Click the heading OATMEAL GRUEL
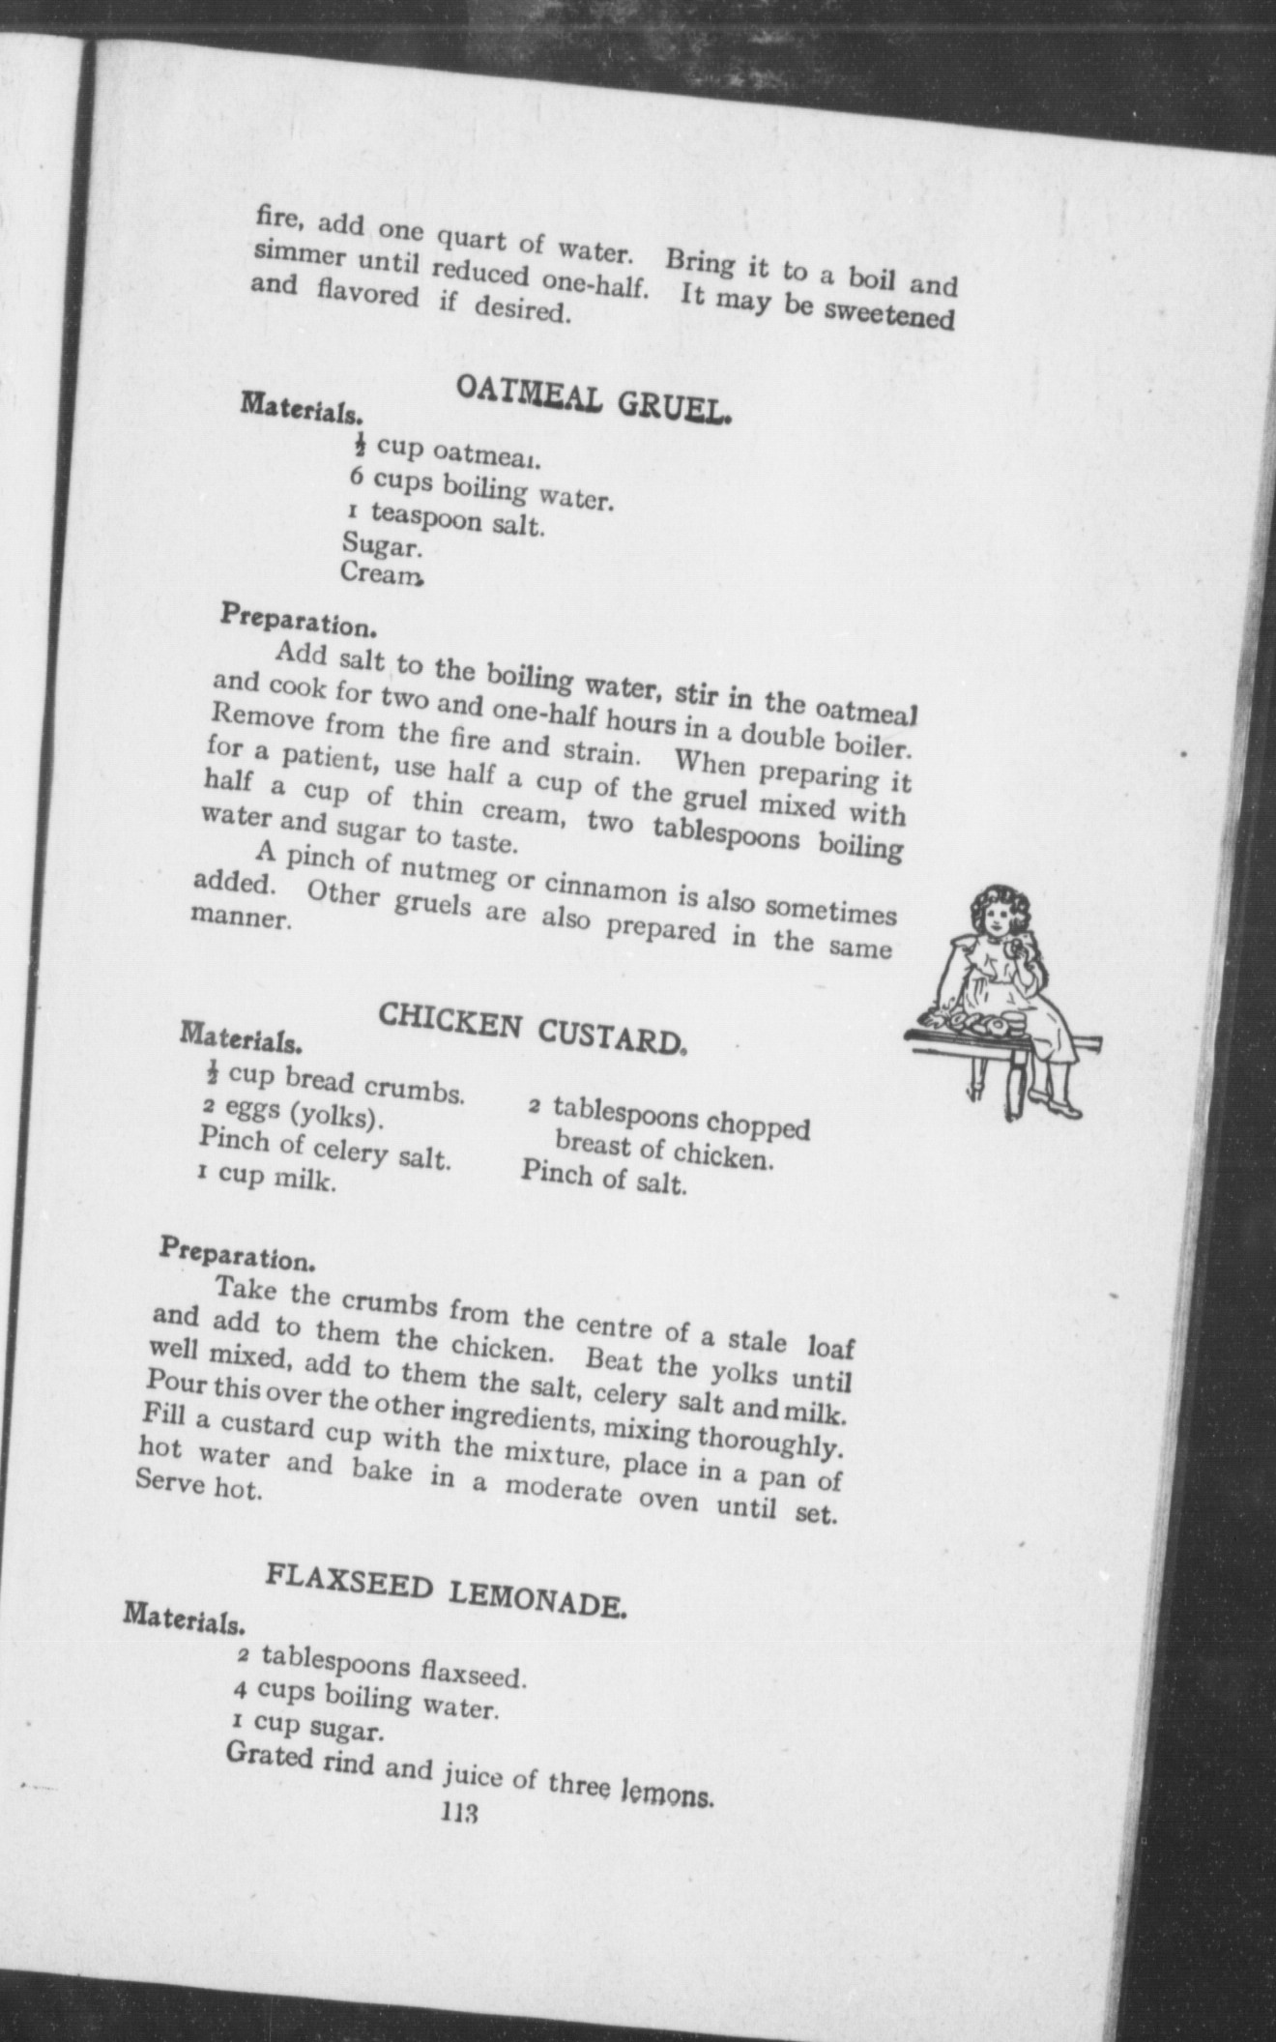[x=593, y=399]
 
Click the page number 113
[x=459, y=1812]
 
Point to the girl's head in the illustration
[x=995, y=916]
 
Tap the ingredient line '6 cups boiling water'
[x=480, y=489]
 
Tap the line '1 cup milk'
[x=268, y=1178]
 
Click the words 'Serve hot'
[x=199, y=1512]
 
